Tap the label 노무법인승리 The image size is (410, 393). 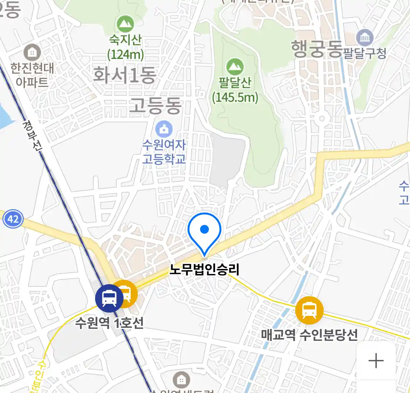click(x=204, y=270)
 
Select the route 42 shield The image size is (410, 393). click(x=13, y=219)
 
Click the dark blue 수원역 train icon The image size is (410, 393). click(x=109, y=298)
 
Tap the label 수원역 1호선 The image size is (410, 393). click(x=109, y=323)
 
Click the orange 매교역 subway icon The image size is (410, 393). click(x=309, y=310)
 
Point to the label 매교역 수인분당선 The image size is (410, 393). click(x=309, y=335)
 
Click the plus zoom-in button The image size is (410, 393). click(x=376, y=361)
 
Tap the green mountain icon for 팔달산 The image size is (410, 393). click(x=235, y=67)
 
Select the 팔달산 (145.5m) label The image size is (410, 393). click(x=235, y=90)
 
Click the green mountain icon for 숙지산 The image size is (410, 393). click(x=125, y=24)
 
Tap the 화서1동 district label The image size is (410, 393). click(x=125, y=75)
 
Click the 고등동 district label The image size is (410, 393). click(x=156, y=106)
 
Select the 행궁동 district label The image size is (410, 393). click(x=317, y=49)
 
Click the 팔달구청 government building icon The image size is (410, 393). click(x=364, y=37)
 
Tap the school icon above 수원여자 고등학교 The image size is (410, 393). click(x=164, y=129)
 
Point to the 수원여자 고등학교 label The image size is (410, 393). click(x=164, y=152)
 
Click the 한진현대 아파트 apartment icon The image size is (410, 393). click(x=32, y=52)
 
